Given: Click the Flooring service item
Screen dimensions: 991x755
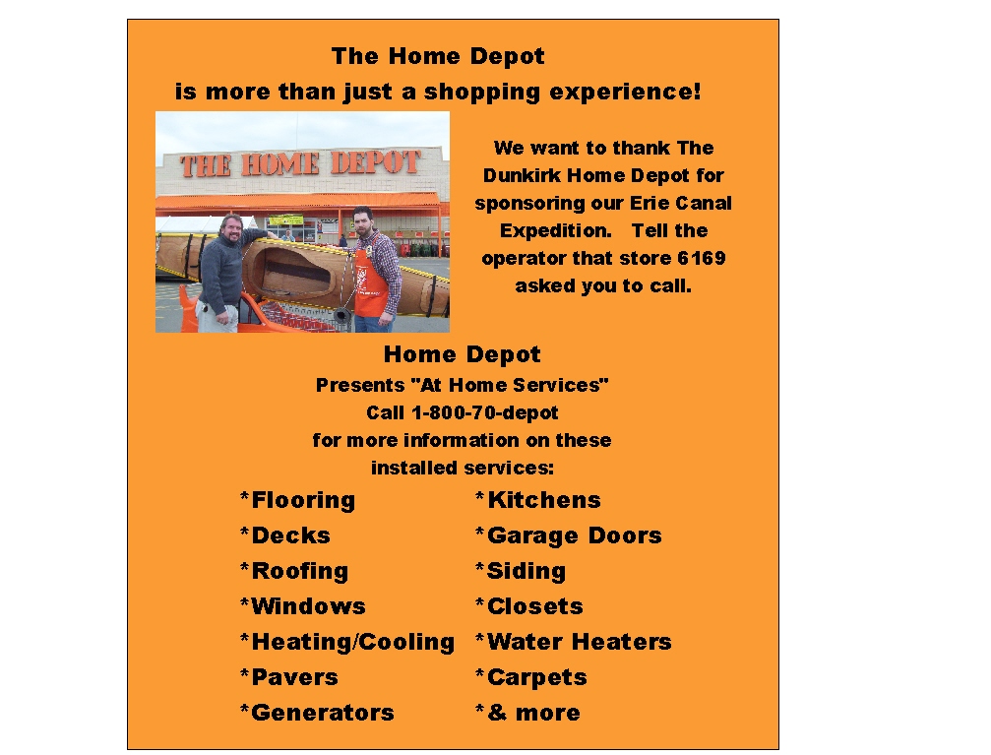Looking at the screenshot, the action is [297, 501].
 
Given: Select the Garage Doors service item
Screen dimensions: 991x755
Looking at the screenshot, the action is [568, 536].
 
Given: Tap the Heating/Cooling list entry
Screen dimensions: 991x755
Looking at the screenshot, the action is [347, 643].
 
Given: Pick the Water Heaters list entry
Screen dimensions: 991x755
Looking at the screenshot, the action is [573, 642].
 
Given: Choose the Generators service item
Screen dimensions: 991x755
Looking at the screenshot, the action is [317, 713].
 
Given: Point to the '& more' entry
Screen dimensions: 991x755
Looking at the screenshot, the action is [527, 713].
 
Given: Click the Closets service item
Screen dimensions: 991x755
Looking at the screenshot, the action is [529, 606].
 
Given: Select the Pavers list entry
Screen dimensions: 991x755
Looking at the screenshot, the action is [288, 677].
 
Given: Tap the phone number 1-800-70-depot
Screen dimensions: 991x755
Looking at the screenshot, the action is [485, 412].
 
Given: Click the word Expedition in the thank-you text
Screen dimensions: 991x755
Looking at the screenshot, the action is [556, 230].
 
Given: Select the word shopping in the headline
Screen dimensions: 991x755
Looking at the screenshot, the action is [482, 93].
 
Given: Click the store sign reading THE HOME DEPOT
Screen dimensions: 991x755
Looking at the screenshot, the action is [300, 164].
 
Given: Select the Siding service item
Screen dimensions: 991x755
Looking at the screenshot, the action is [521, 572].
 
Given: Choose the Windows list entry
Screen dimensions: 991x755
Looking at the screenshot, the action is [303, 606].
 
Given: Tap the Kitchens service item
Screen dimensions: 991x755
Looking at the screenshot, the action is [538, 500].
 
